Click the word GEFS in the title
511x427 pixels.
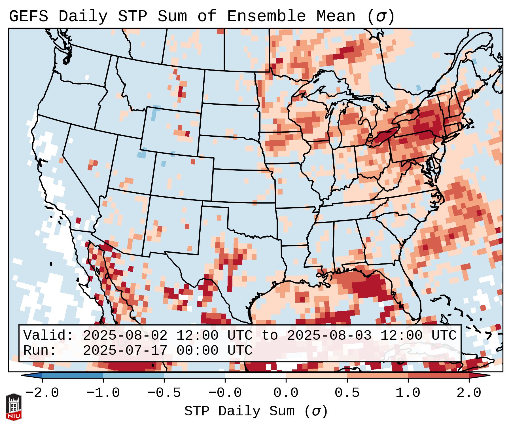[29, 16]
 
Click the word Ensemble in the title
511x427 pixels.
[266, 16]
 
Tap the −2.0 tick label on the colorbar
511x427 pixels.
[42, 393]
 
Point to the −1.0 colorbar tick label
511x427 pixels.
[103, 393]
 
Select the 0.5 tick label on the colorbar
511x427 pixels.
[347, 393]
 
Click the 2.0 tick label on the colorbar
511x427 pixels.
[469, 393]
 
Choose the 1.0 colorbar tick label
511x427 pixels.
[408, 393]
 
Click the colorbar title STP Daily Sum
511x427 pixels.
[239, 411]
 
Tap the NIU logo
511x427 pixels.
[14, 407]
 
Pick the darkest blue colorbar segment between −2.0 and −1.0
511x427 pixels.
[73, 375]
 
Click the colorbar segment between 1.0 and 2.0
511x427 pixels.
[438, 375]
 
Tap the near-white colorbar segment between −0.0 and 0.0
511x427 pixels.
[255, 375]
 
